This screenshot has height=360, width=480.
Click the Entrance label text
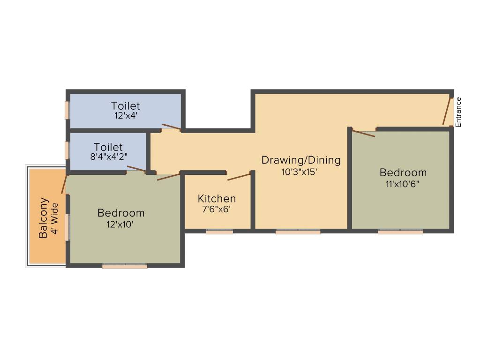(459, 112)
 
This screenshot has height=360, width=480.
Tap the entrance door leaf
(447, 112)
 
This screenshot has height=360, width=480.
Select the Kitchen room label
(217, 199)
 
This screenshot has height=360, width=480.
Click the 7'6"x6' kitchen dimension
(217, 210)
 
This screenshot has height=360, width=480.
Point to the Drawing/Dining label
(301, 160)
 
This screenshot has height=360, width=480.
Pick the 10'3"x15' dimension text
(300, 172)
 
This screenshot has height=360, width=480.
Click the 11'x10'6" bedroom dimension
(403, 184)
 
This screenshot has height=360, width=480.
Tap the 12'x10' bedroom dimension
(120, 225)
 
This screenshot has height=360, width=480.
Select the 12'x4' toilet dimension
(125, 116)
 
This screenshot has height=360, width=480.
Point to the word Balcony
(43, 218)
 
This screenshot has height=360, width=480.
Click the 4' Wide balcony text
(55, 218)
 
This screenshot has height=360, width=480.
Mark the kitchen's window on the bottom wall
(219, 231)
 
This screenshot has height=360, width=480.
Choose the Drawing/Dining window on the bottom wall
(298, 231)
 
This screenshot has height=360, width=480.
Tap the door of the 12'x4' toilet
(171, 127)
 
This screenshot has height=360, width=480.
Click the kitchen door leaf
(239, 177)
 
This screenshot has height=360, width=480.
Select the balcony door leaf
(65, 184)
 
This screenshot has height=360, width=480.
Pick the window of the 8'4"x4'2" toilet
(67, 150)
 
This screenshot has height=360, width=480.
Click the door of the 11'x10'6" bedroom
(364, 134)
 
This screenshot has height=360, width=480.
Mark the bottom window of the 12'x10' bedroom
(125, 266)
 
